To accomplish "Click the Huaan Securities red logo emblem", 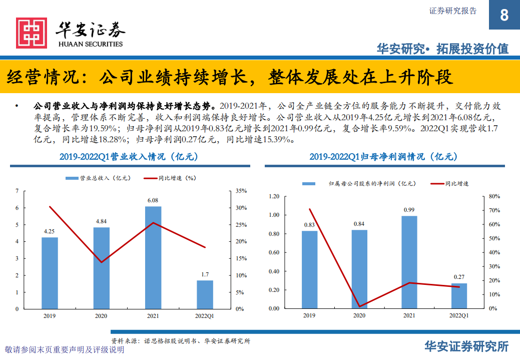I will point(32,33).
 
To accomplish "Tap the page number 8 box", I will point(504,15).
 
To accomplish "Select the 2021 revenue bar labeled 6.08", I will point(153,257).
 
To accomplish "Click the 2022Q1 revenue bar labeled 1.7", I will point(205,294).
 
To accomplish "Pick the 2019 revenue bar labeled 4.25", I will point(50,273).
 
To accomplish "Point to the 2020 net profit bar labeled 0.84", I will point(359,269).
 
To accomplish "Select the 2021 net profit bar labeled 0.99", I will point(409,262).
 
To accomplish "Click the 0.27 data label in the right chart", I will point(459,277).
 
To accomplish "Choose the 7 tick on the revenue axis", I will point(17,191).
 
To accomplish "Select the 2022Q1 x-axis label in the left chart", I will point(204,316).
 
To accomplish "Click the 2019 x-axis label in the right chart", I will point(309,315).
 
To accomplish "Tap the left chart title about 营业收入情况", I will point(129,157).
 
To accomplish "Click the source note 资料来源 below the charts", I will point(181,340).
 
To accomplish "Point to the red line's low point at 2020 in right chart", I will point(359,306).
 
